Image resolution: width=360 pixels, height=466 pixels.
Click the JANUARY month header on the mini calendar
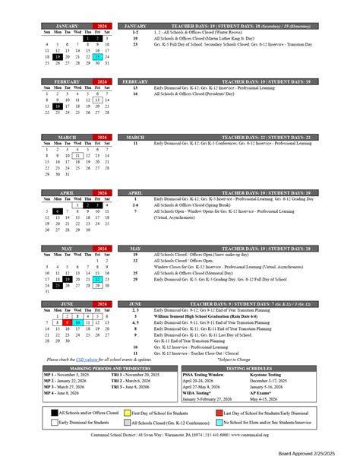pyautogui.click(x=67, y=25)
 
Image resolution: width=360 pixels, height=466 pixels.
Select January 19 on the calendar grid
pyautogui.click(x=57, y=57)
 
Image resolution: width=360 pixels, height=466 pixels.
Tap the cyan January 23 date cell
pyautogui.click(x=96, y=57)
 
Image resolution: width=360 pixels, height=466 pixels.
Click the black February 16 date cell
pyautogui.click(x=57, y=107)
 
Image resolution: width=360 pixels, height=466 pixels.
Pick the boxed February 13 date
pyautogui.click(x=96, y=100)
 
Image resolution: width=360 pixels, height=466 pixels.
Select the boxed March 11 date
pyautogui.click(x=77, y=155)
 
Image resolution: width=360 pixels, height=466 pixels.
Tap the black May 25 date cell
pyautogui.click(x=57, y=286)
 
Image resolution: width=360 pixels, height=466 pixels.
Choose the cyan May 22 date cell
pyautogui.click(x=96, y=279)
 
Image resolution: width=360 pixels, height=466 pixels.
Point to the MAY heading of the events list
pyautogui.click(x=134, y=249)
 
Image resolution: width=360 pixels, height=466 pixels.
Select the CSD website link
pyautogui.click(x=88, y=359)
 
